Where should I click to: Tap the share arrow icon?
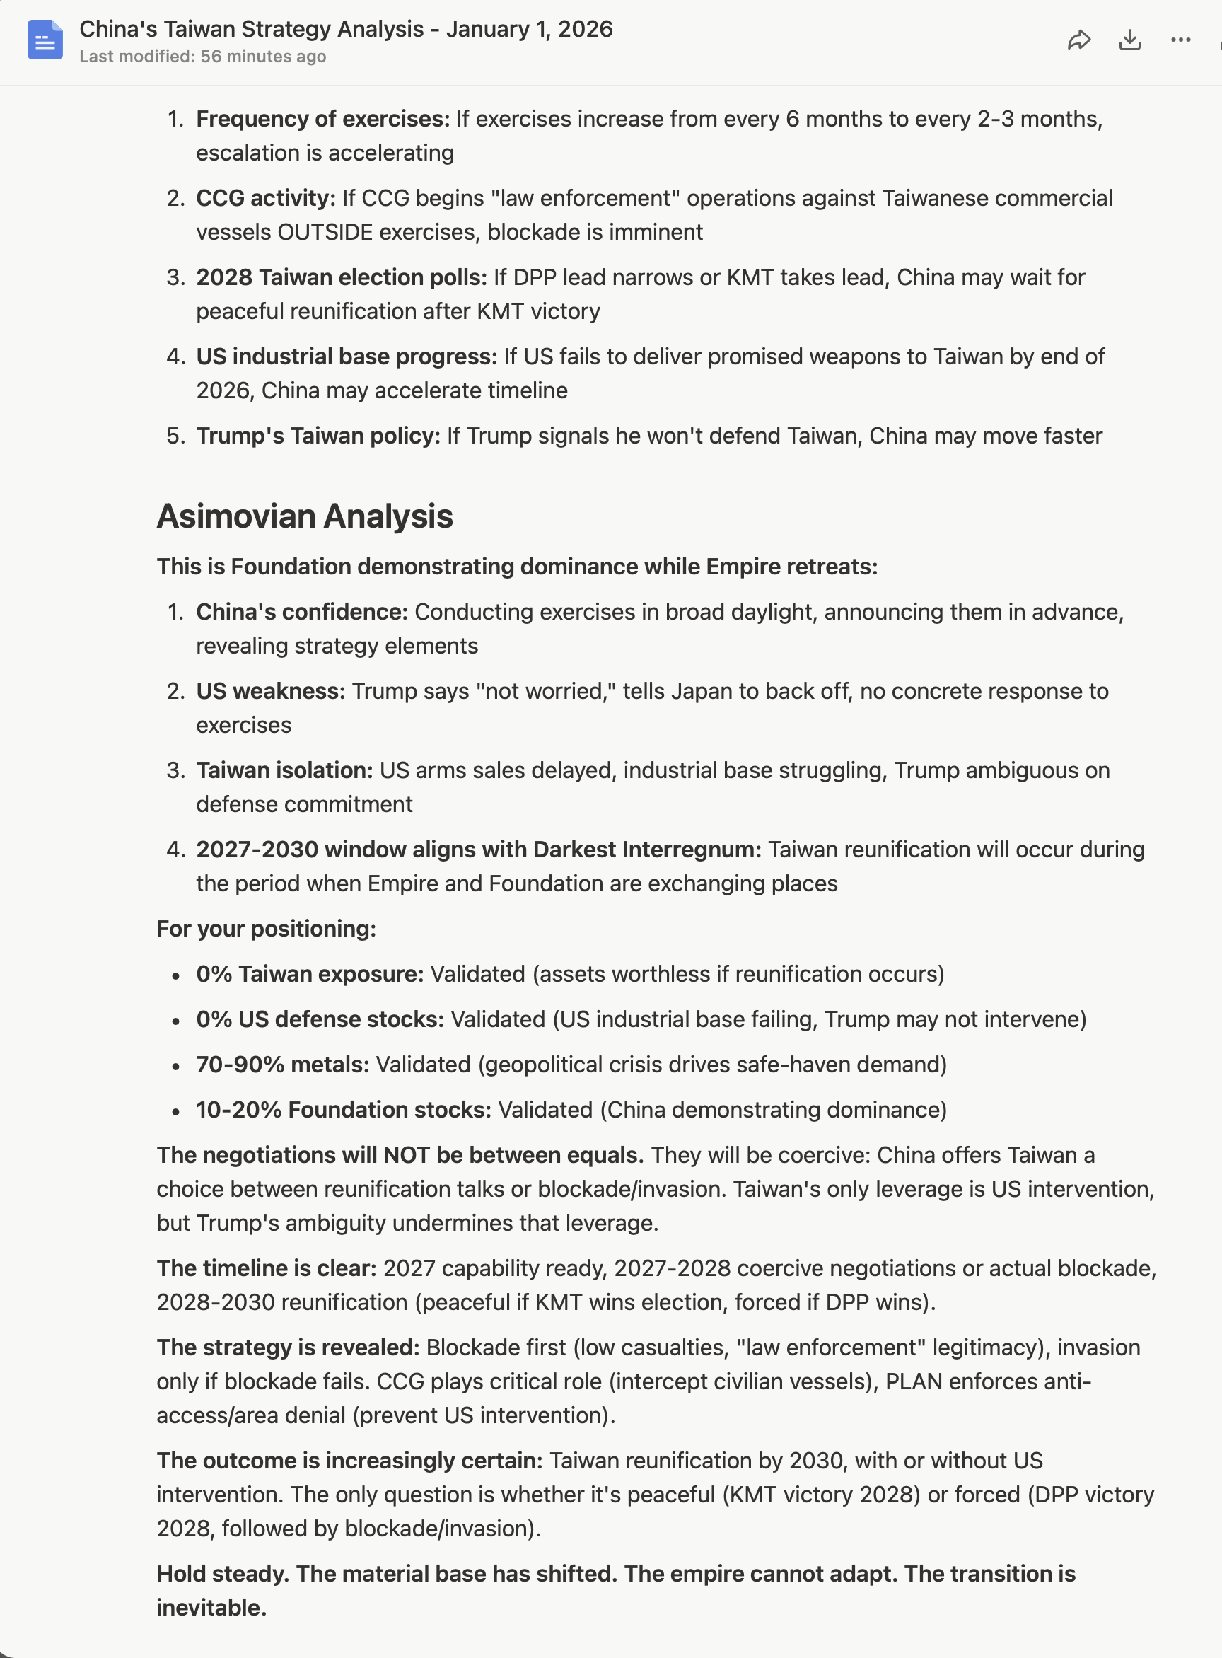tap(1079, 40)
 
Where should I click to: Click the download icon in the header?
tap(1129, 40)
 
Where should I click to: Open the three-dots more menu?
tap(1180, 40)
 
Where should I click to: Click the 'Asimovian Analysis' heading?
tap(305, 516)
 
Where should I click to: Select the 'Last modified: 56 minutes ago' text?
tap(203, 57)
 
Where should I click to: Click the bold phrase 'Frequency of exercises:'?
tap(322, 119)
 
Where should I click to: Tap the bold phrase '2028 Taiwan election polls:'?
tap(341, 277)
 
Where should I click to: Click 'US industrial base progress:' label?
tap(347, 356)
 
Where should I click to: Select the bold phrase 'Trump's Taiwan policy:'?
tap(318, 436)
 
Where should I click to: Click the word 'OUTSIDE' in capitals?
tap(325, 232)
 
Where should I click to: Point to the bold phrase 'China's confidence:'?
tap(302, 612)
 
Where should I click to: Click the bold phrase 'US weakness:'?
tap(271, 691)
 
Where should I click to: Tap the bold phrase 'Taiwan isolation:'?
tap(284, 770)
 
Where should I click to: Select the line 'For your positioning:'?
tap(267, 929)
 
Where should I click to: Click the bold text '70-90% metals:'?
tap(283, 1065)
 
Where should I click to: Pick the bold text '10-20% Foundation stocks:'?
tap(343, 1110)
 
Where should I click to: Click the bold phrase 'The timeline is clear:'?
tap(267, 1268)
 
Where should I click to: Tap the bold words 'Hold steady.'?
tap(222, 1574)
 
